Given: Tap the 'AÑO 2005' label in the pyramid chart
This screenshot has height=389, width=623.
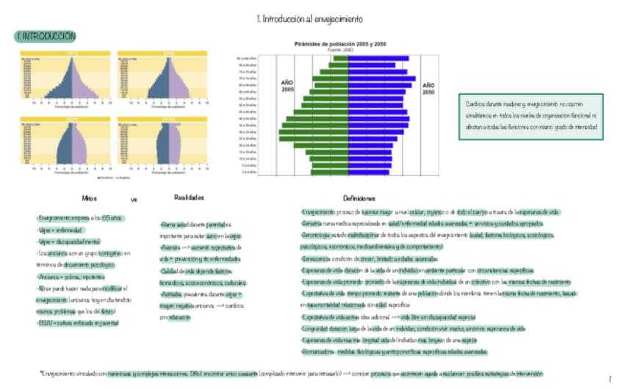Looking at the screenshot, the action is [x=287, y=86].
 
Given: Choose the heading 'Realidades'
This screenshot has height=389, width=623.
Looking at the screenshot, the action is [x=189, y=197].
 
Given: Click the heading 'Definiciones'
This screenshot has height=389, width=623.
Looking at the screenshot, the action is [x=359, y=198].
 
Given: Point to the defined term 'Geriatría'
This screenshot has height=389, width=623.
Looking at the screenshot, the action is [x=311, y=223].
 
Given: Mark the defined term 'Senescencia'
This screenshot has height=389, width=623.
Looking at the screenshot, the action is [x=315, y=259].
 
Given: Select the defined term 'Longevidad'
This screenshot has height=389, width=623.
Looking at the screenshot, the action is [x=314, y=329].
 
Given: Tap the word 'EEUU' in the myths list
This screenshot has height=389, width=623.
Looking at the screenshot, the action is [x=43, y=321].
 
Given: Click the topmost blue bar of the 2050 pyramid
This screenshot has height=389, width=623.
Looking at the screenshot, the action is [x=379, y=58].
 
